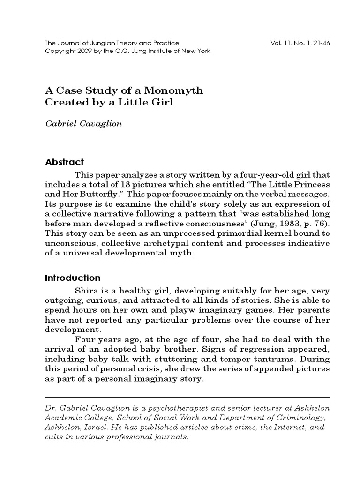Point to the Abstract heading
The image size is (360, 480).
[64, 162]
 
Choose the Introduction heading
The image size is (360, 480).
[73, 278]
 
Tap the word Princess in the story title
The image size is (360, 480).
[311, 184]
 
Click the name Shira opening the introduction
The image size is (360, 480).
[85, 291]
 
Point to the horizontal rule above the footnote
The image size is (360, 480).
[187, 397]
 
